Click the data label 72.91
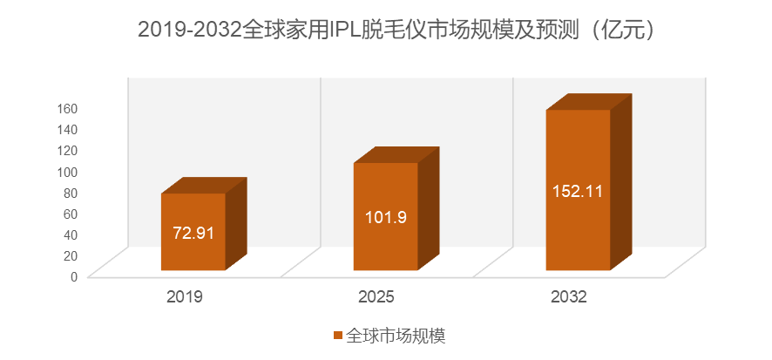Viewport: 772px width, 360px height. tap(193, 234)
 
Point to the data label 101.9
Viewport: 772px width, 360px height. tap(385, 217)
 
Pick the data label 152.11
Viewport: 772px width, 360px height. tap(578, 191)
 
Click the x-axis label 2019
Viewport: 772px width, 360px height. tap(185, 297)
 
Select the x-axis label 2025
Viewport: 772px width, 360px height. tap(376, 297)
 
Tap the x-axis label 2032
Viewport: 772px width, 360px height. tap(569, 297)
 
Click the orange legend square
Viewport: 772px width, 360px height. tap(337, 336)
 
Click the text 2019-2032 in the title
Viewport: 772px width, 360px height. tap(190, 30)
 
